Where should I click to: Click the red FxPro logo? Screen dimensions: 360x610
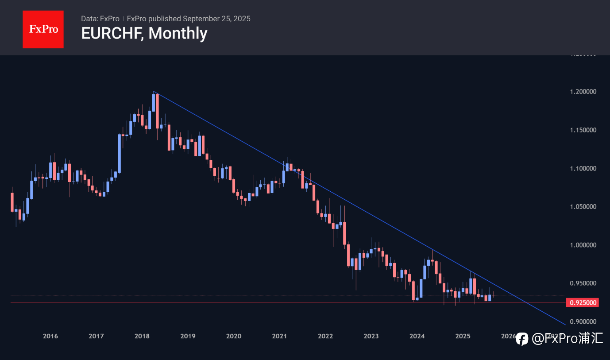pos(43,29)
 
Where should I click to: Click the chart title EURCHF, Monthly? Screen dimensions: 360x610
pos(144,33)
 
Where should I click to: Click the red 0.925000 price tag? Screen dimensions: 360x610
pos(582,303)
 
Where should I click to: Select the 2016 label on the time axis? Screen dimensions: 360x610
pos(50,337)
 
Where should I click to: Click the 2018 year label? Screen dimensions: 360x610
pos(142,337)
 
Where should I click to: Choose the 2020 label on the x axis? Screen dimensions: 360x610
pos(234,337)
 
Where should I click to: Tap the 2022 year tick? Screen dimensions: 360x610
pos(325,337)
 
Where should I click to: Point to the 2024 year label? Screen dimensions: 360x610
pos(417,337)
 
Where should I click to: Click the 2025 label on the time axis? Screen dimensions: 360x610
pos(463,337)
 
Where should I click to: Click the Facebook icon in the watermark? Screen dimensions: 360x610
pos(522,339)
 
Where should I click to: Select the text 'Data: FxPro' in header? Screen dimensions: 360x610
pos(100,19)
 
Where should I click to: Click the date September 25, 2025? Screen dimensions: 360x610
pos(216,19)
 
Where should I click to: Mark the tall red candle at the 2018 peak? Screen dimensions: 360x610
pos(157,111)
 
